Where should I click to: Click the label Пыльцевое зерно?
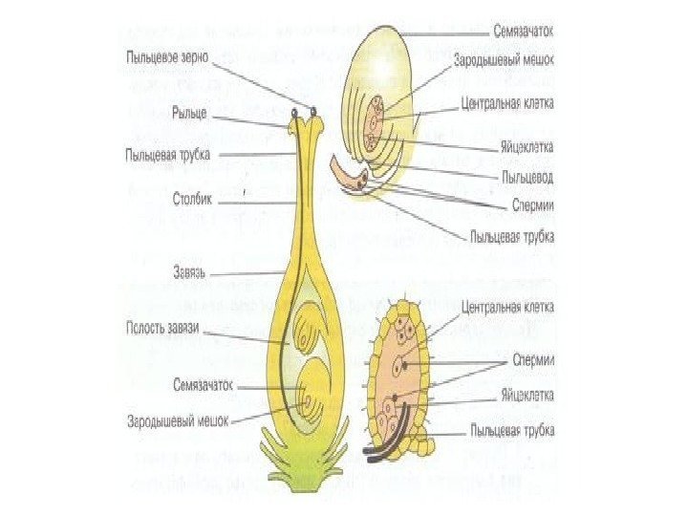pos(168,57)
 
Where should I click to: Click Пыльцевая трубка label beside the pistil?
pos(168,153)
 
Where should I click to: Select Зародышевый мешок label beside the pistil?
pos(178,419)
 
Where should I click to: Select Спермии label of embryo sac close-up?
pos(534,359)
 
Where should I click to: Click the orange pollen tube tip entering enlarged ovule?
pos(350,173)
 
